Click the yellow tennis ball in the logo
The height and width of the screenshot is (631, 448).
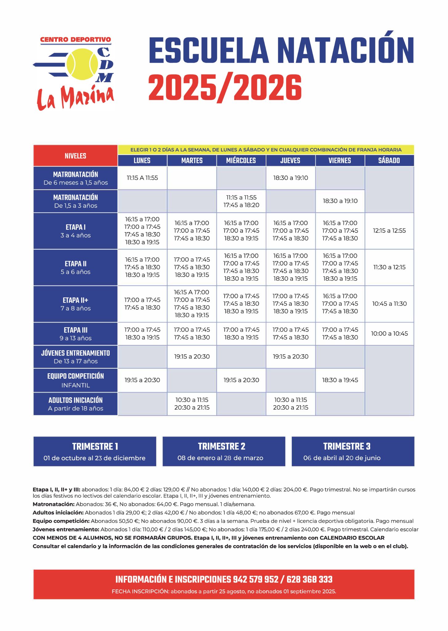[82, 64]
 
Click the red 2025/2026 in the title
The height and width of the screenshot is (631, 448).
[225, 88]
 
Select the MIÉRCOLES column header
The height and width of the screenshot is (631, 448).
[241, 161]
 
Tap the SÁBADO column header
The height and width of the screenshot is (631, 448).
[389, 161]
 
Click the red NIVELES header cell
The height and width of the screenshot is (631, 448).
[75, 156]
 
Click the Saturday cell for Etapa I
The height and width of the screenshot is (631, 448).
[389, 230]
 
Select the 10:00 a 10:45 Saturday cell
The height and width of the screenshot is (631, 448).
[389, 333]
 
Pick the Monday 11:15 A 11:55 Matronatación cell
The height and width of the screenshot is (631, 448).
[142, 178]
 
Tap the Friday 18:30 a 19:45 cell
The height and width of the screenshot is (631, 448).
[340, 380]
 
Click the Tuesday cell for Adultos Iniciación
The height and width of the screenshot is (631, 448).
[192, 404]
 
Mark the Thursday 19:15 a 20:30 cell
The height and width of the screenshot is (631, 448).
[291, 356]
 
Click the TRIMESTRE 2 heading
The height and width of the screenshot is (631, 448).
[222, 446]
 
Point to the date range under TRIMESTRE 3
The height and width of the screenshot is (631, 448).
[342, 458]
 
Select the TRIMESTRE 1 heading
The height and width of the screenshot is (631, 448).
[95, 446]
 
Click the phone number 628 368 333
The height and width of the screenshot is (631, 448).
[309, 580]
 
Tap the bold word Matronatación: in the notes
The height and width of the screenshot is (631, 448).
[54, 504]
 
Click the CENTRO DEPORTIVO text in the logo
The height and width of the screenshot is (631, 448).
[75, 39]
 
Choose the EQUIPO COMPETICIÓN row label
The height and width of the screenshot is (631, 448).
[75, 376]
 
